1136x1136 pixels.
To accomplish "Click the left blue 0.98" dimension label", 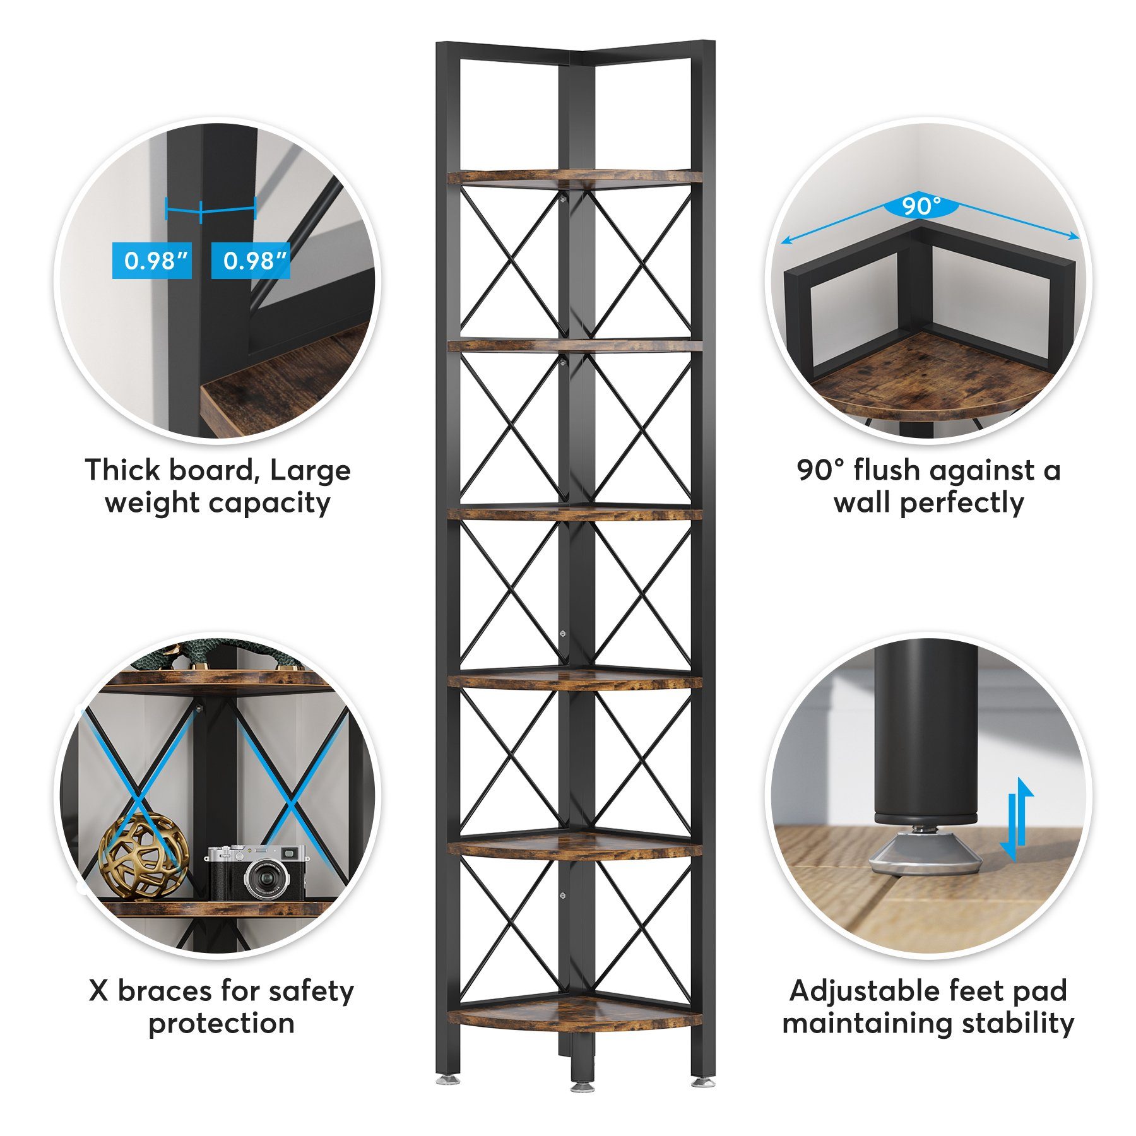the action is (152, 260).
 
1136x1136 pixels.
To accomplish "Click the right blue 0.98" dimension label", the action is (251, 260).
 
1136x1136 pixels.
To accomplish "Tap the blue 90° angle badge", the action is (921, 205).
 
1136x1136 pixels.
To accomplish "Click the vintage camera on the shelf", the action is (257, 872).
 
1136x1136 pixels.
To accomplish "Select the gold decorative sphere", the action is (144, 855).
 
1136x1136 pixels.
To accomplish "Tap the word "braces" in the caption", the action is (167, 991).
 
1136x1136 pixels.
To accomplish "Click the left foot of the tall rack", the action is (444, 1080).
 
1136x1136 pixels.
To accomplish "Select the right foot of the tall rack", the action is (701, 1080).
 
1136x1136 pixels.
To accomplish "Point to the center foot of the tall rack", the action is (582, 1086).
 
